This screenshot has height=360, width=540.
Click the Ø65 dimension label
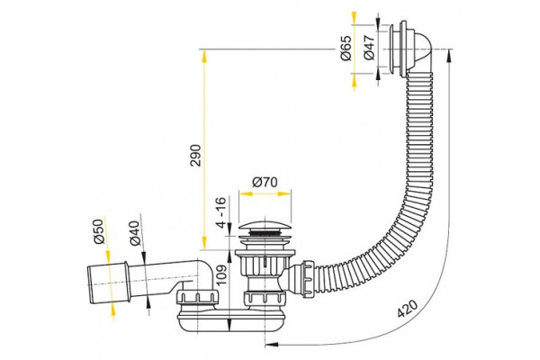pyautogui.click(x=346, y=48)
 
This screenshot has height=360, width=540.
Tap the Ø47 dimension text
pyautogui.click(x=369, y=48)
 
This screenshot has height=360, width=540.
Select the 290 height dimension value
pyautogui.click(x=195, y=156)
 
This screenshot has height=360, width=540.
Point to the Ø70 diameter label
pyautogui.click(x=265, y=182)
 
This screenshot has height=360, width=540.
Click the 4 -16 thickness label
pyautogui.click(x=220, y=212)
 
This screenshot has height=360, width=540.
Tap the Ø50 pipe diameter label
pyautogui.click(x=99, y=231)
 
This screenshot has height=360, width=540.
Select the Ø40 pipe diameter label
pyautogui.click(x=135, y=233)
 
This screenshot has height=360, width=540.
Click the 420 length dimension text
pyautogui.click(x=408, y=309)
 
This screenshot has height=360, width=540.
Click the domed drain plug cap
pyautogui.click(x=265, y=226)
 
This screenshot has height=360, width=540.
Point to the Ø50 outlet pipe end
pyautogui.click(x=109, y=283)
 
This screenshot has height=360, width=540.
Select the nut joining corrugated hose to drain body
pyautogui.click(x=308, y=278)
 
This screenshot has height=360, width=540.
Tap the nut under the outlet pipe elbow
pyautogui.click(x=197, y=297)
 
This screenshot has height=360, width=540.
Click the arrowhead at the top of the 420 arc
pyautogui.click(x=449, y=55)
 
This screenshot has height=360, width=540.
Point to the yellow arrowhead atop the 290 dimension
pyautogui.click(x=204, y=56)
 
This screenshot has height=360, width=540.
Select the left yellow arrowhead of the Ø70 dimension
pyautogui.click(x=246, y=194)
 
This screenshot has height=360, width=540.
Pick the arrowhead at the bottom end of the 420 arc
pyautogui.click(x=272, y=346)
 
